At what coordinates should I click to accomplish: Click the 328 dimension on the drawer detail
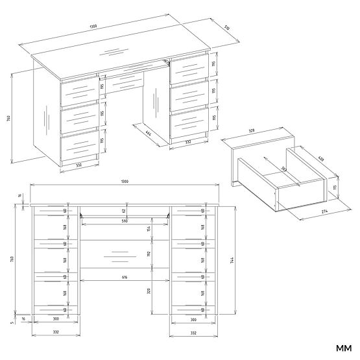pos(251,132)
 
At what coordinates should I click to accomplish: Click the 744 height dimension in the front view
pos(232,260)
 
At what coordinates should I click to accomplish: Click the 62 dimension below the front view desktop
pos(123,211)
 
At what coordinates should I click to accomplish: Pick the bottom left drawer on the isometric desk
pos(79,141)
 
